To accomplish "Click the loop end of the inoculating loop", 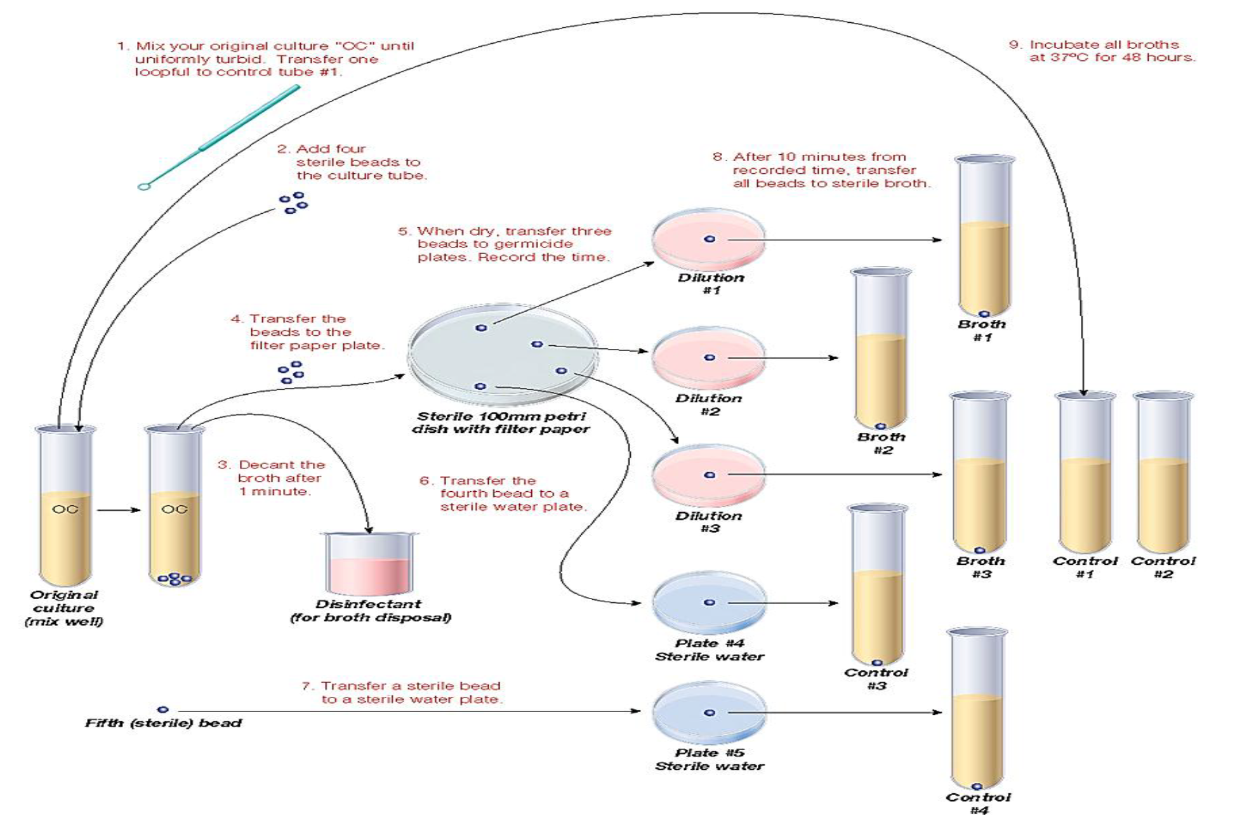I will click(x=144, y=187).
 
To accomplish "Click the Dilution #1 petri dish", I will click(x=709, y=239).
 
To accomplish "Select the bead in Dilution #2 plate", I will click(x=710, y=358).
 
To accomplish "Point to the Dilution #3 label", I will click(x=709, y=522).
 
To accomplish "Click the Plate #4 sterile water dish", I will click(x=709, y=602).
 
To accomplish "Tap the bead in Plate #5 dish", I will click(x=710, y=713).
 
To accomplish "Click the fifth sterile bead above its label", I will click(x=163, y=709).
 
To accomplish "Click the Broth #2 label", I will click(x=882, y=444).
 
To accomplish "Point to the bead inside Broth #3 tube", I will click(x=979, y=550).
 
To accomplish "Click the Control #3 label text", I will click(x=876, y=679).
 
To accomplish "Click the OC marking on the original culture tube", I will click(x=65, y=509).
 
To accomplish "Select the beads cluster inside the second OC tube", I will click(x=175, y=578).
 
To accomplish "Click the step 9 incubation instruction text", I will click(x=1103, y=51).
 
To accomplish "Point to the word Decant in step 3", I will click(x=260, y=465).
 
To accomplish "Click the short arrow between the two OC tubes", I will click(x=119, y=510).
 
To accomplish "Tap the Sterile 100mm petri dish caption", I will click(x=501, y=423).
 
